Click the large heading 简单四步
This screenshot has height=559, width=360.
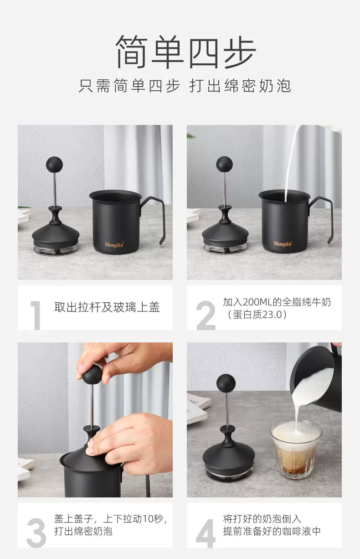(x=185, y=52)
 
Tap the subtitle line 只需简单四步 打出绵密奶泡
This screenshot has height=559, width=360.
(x=185, y=86)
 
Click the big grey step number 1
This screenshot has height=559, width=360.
(x=36, y=315)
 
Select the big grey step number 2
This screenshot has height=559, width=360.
(x=206, y=315)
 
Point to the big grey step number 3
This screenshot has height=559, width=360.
(x=36, y=533)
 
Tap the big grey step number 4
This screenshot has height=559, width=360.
(x=206, y=533)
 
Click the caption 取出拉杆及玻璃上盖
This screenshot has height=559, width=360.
(x=107, y=307)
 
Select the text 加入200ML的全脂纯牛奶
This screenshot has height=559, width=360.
(x=277, y=302)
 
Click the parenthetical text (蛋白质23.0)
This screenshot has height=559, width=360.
(x=257, y=315)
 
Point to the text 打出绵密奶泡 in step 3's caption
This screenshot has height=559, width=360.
(x=83, y=531)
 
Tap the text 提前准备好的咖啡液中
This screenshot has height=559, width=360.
(x=272, y=531)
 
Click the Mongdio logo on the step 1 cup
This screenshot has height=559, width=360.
(x=114, y=244)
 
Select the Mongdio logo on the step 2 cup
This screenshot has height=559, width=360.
(x=283, y=243)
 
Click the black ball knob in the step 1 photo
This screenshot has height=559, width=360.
(x=54, y=165)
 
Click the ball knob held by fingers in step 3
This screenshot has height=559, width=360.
(x=92, y=374)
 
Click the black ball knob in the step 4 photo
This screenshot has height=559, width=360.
(x=226, y=383)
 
